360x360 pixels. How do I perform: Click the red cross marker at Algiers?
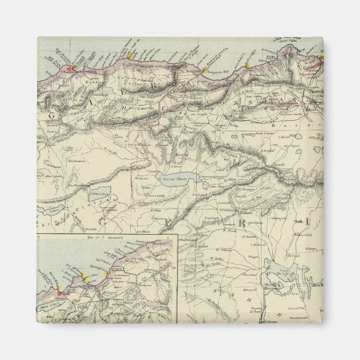pyautogui.click(x=70, y=68)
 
